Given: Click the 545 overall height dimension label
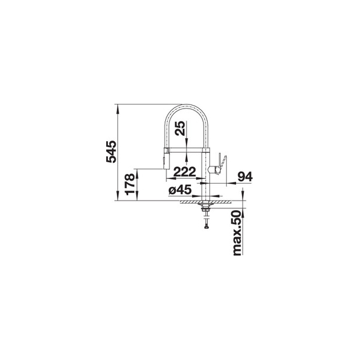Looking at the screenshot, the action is [x=112, y=152].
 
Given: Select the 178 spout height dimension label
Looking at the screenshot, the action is [x=130, y=184].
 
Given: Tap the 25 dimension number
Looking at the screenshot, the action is [x=180, y=128].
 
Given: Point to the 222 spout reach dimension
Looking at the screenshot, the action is [x=185, y=172].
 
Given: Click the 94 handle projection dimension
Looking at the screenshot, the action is [x=245, y=176].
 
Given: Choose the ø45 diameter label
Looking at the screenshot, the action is [x=180, y=190].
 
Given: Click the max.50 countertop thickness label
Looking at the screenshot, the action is [x=237, y=233].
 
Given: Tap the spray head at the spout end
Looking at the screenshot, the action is [x=166, y=159].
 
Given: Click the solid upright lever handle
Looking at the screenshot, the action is [x=218, y=163].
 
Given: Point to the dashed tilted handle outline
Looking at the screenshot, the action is [x=223, y=163].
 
